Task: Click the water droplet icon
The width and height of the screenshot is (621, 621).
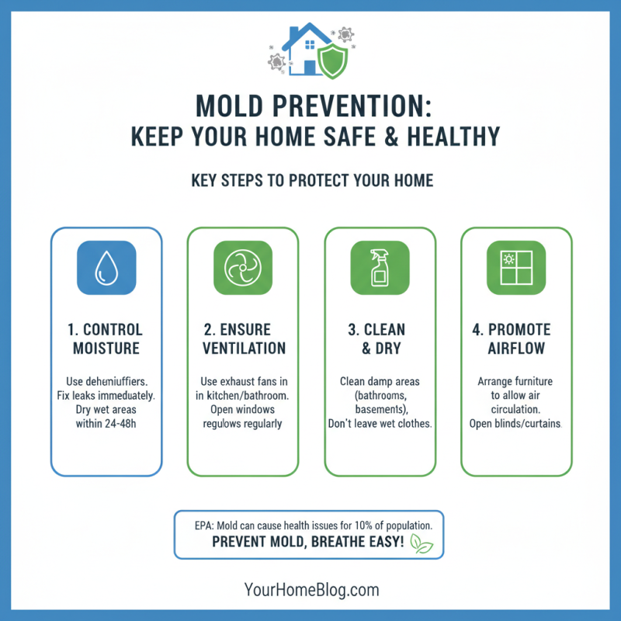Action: tap(106, 268)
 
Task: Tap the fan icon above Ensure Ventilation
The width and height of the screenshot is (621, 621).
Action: tap(243, 268)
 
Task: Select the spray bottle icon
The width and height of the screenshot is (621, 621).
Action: tap(380, 268)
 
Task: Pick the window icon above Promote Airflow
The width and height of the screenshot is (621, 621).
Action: tap(516, 268)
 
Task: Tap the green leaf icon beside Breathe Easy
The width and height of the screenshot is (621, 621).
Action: tap(422, 543)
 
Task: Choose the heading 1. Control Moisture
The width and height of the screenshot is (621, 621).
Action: tap(107, 338)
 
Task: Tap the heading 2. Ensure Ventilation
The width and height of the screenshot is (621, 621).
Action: tap(244, 338)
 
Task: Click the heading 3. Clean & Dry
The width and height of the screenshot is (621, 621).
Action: tap(380, 338)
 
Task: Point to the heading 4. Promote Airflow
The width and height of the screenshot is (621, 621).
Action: tap(516, 338)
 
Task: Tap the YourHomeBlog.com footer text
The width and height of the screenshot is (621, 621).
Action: tap(310, 590)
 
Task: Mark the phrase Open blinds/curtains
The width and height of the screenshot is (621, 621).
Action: tap(516, 424)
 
